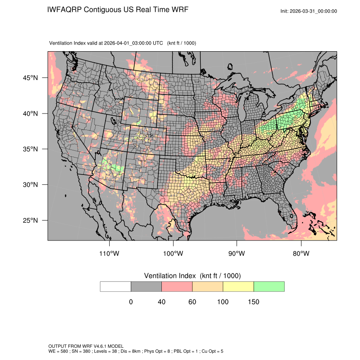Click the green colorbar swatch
(x=269, y=286)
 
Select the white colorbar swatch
(x=116, y=286)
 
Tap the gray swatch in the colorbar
(x=146, y=286)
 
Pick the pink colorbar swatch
(x=177, y=286)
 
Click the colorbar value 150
(x=253, y=302)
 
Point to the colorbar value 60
(x=192, y=302)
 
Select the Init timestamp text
(x=309, y=11)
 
